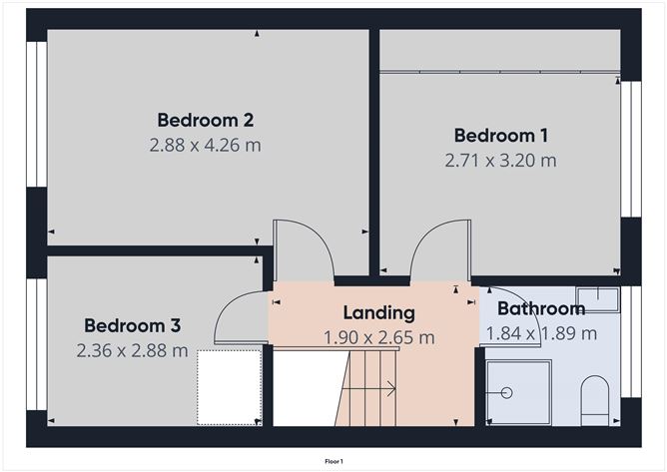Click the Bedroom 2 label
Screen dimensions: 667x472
(206, 120)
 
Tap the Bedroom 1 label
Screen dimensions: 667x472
(500, 136)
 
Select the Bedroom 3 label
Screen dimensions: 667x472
(132, 325)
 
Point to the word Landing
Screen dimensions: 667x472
(379, 313)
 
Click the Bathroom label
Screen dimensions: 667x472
(541, 308)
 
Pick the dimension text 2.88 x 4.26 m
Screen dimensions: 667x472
(205, 145)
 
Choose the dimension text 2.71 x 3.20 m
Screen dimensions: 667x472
(500, 161)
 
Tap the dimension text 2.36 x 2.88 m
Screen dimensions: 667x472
(132, 351)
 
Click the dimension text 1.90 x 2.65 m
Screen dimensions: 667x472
(379, 337)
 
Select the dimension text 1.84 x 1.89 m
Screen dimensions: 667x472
(541, 333)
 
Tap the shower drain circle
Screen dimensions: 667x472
(506, 392)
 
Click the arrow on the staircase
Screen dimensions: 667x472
(368, 388)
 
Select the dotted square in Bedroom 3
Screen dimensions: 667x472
(230, 387)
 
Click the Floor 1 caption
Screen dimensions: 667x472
(333, 461)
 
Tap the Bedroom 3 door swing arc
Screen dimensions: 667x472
(225, 309)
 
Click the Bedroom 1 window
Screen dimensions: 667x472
(631, 150)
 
